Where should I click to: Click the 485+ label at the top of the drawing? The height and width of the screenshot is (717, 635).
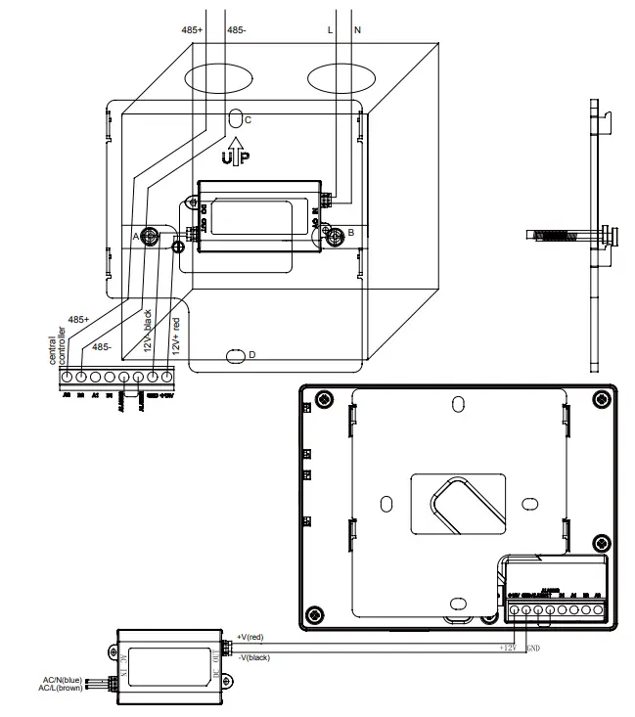click(x=191, y=30)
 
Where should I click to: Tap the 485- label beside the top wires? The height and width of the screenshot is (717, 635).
click(x=237, y=30)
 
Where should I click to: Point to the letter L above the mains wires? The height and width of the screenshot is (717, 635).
click(x=330, y=30)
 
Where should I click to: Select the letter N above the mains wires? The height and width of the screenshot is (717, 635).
click(x=356, y=30)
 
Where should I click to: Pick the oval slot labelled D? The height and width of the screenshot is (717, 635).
click(x=235, y=354)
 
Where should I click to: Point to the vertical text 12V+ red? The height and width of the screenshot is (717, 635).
click(x=176, y=336)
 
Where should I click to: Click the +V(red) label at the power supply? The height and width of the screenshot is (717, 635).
click(x=251, y=637)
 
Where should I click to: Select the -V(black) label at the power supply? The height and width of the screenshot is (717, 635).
click(x=254, y=657)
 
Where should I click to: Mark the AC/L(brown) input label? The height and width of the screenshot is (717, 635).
click(x=64, y=690)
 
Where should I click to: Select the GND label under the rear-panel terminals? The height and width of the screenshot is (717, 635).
click(x=532, y=648)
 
